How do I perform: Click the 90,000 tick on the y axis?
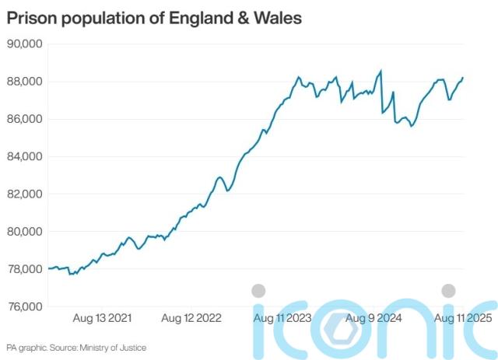pyautogui.click(x=24, y=44)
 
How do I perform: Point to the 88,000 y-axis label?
pyautogui.click(x=24, y=81)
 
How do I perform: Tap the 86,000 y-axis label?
pyautogui.click(x=24, y=119)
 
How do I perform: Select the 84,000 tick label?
pyautogui.click(x=24, y=156)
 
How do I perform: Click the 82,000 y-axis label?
pyautogui.click(x=24, y=194)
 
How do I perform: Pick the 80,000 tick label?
pyautogui.click(x=24, y=232)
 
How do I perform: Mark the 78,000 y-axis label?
pyautogui.click(x=24, y=269)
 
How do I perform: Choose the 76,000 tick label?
pyautogui.click(x=24, y=306)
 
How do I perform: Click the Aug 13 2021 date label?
pyautogui.click(x=102, y=318)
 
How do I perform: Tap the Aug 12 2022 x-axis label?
pyautogui.click(x=191, y=318)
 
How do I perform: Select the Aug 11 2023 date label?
pyautogui.click(x=282, y=318)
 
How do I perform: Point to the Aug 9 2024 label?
pyautogui.click(x=373, y=318)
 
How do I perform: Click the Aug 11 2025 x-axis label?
pyautogui.click(x=462, y=318)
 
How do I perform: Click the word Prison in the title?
pyautogui.click(x=30, y=16)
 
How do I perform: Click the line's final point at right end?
pyautogui.click(x=463, y=78)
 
